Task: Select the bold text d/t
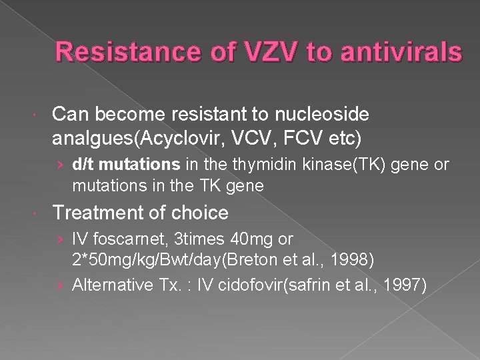tap(83, 164)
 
